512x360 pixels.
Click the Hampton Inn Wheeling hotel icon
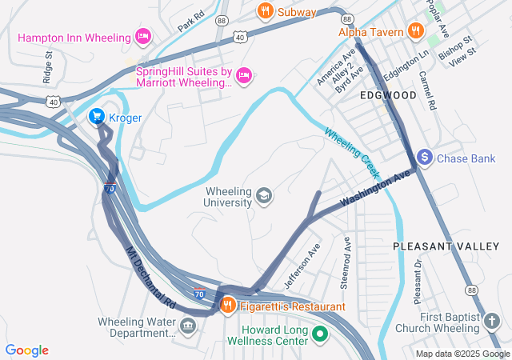[x=143, y=37]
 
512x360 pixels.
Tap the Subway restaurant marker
[x=265, y=11]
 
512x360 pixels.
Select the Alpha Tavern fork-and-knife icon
[x=414, y=31]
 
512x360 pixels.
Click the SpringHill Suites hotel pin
[x=245, y=75]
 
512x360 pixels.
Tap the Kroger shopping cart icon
[x=97, y=118]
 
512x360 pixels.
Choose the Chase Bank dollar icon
[x=425, y=158]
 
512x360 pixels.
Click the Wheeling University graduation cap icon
[x=263, y=196]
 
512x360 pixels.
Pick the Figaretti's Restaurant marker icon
[x=227, y=306]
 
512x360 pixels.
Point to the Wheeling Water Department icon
[x=188, y=326]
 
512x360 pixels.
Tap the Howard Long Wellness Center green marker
[x=320, y=334]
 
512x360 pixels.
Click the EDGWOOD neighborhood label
[x=388, y=95]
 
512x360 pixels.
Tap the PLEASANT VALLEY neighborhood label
[x=446, y=247]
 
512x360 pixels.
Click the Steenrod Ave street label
[x=346, y=262]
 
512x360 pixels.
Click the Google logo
[x=27, y=350]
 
